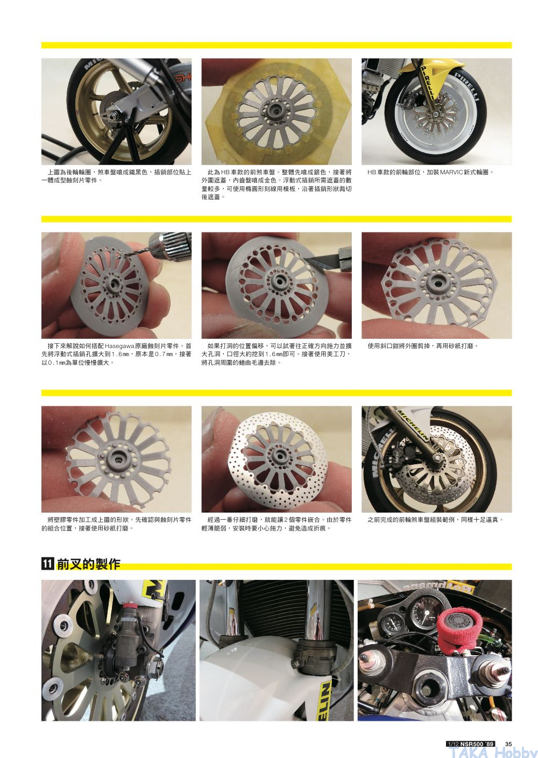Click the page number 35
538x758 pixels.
[x=508, y=744]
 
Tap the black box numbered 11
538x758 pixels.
[x=47, y=563]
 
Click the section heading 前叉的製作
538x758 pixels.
[x=88, y=563]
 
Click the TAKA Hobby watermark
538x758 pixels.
[x=493, y=752]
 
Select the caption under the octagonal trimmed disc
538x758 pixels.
[x=423, y=346]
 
